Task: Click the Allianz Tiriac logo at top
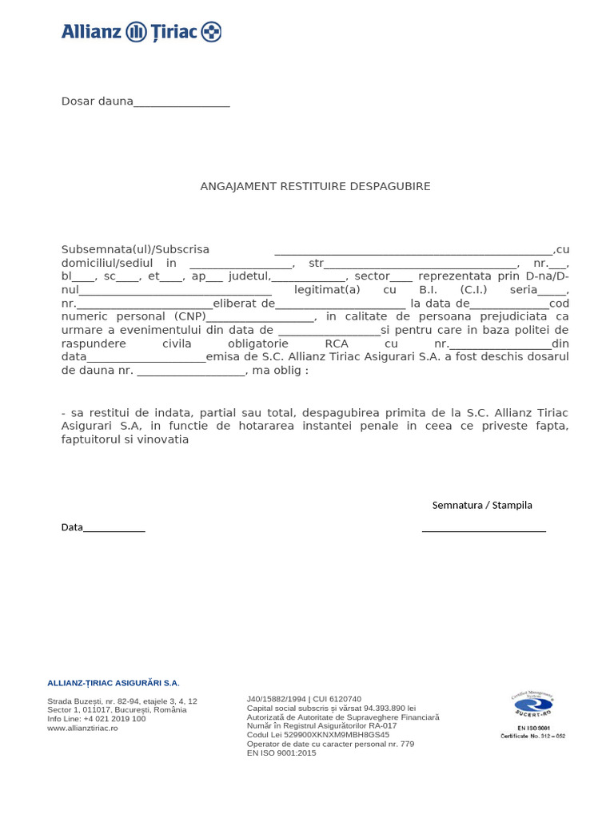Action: click(142, 32)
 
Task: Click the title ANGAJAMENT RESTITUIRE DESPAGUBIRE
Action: click(315, 186)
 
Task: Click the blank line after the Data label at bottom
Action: click(114, 528)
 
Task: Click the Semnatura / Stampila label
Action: click(482, 505)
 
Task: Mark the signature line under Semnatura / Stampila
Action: click(484, 530)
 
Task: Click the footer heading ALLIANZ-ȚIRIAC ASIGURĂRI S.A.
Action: click(114, 683)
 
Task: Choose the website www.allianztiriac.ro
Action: click(82, 728)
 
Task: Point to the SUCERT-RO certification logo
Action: click(532, 705)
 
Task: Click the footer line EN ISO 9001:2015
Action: click(281, 752)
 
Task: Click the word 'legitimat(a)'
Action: click(327, 290)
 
